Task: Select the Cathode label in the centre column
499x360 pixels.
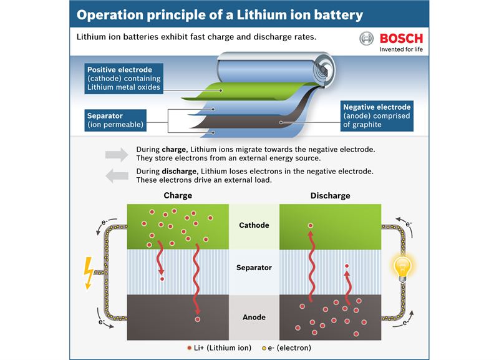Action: coord(254,225)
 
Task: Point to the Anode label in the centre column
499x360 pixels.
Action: coord(254,318)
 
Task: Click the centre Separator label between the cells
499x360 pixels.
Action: coord(254,268)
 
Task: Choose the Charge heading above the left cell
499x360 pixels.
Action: coord(178,195)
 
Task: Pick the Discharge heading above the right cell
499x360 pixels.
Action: coord(330,195)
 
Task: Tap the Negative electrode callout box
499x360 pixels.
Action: coord(380,115)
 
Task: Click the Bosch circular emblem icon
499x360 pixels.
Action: coord(367,39)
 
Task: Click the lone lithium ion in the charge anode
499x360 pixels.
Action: coord(198,319)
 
